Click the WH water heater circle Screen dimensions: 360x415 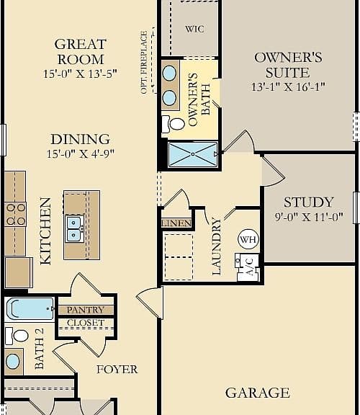point(248,239)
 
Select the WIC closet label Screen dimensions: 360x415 point(194,29)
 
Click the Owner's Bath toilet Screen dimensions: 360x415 point(174,124)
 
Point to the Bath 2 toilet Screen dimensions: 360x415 point(17,336)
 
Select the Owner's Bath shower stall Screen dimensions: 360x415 point(193,154)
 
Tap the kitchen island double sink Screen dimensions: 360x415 point(73,229)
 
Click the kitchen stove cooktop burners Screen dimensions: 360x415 point(16,215)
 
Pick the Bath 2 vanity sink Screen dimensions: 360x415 point(13,361)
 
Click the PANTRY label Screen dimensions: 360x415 point(86,310)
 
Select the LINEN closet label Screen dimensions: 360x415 point(176,223)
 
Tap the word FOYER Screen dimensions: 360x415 point(117,370)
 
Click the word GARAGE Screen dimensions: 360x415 point(258,393)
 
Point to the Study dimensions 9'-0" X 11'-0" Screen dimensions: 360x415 point(309,218)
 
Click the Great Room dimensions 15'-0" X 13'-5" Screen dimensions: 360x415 point(80,73)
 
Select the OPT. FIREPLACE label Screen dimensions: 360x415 point(144,62)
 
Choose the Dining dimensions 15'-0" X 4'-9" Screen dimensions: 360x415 point(81,153)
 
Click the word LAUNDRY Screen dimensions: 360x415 point(217,246)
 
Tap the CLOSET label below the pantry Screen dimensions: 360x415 point(86,323)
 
